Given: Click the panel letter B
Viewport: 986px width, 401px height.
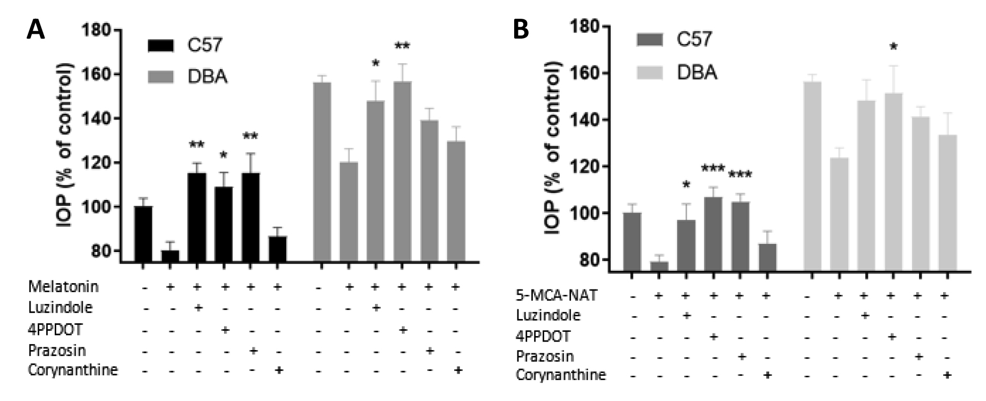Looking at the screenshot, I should pos(521,29).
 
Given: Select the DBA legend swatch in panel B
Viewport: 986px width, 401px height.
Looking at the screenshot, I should pos(650,71).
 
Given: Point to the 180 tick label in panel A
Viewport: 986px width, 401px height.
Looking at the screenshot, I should pos(97,31).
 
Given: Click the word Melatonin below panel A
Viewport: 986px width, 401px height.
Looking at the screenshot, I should pos(63,287).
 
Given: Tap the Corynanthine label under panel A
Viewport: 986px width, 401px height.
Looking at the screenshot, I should pos(73,370).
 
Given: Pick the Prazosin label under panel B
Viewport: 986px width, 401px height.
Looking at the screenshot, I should pos(545,356).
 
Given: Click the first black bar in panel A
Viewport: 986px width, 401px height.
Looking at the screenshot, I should pos(143,234).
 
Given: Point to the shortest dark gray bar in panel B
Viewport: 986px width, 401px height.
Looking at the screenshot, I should pos(658,265).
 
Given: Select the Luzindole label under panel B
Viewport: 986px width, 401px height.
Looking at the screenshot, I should pos(548,315).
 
